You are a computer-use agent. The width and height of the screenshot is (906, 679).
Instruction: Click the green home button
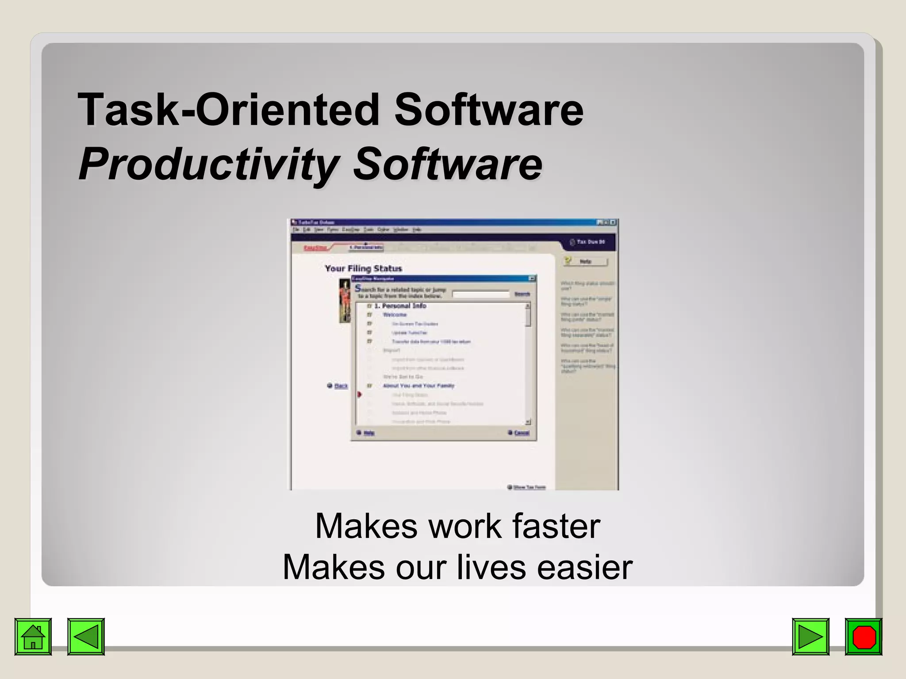(33, 637)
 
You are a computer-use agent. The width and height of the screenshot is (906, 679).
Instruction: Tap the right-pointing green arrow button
(810, 637)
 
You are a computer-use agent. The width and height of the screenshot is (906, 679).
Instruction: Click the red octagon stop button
(863, 637)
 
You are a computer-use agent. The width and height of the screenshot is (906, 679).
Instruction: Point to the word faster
(556, 526)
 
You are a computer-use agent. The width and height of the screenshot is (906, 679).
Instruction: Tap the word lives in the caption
(491, 567)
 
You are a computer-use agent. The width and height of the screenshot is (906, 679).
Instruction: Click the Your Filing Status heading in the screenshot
(363, 268)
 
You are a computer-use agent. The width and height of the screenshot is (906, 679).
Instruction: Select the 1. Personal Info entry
(400, 305)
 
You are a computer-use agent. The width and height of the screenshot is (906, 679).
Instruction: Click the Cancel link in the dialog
(522, 433)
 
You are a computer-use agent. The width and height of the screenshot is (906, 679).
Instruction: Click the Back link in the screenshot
(341, 386)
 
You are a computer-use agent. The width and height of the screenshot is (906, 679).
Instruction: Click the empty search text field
(481, 294)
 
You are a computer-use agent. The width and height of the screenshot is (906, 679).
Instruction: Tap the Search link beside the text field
(522, 294)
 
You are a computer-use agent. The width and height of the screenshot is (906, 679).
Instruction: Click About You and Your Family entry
(418, 386)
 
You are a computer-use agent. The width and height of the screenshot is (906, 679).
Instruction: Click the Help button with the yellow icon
(585, 261)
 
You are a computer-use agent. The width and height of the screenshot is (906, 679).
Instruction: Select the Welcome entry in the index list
(395, 315)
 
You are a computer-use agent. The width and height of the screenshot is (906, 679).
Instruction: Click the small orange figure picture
(345, 300)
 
